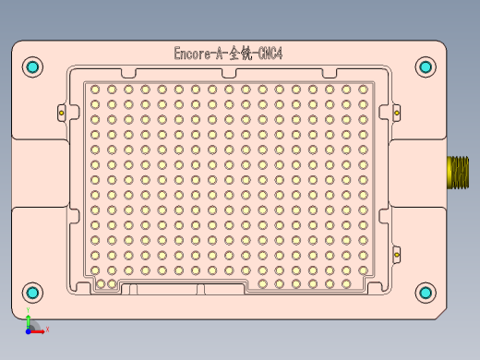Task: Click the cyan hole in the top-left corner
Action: pyautogui.click(x=33, y=67)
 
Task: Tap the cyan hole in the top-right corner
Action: pyautogui.click(x=425, y=66)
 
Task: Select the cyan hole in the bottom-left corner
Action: pyautogui.click(x=33, y=294)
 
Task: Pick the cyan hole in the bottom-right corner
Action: pyautogui.click(x=425, y=293)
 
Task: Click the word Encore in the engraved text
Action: pyautogui.click(x=193, y=54)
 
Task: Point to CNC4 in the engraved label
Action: pyautogui.click(x=270, y=54)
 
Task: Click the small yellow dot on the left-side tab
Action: pyautogui.click(x=61, y=113)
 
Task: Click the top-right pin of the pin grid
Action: pyautogui.click(x=363, y=90)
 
